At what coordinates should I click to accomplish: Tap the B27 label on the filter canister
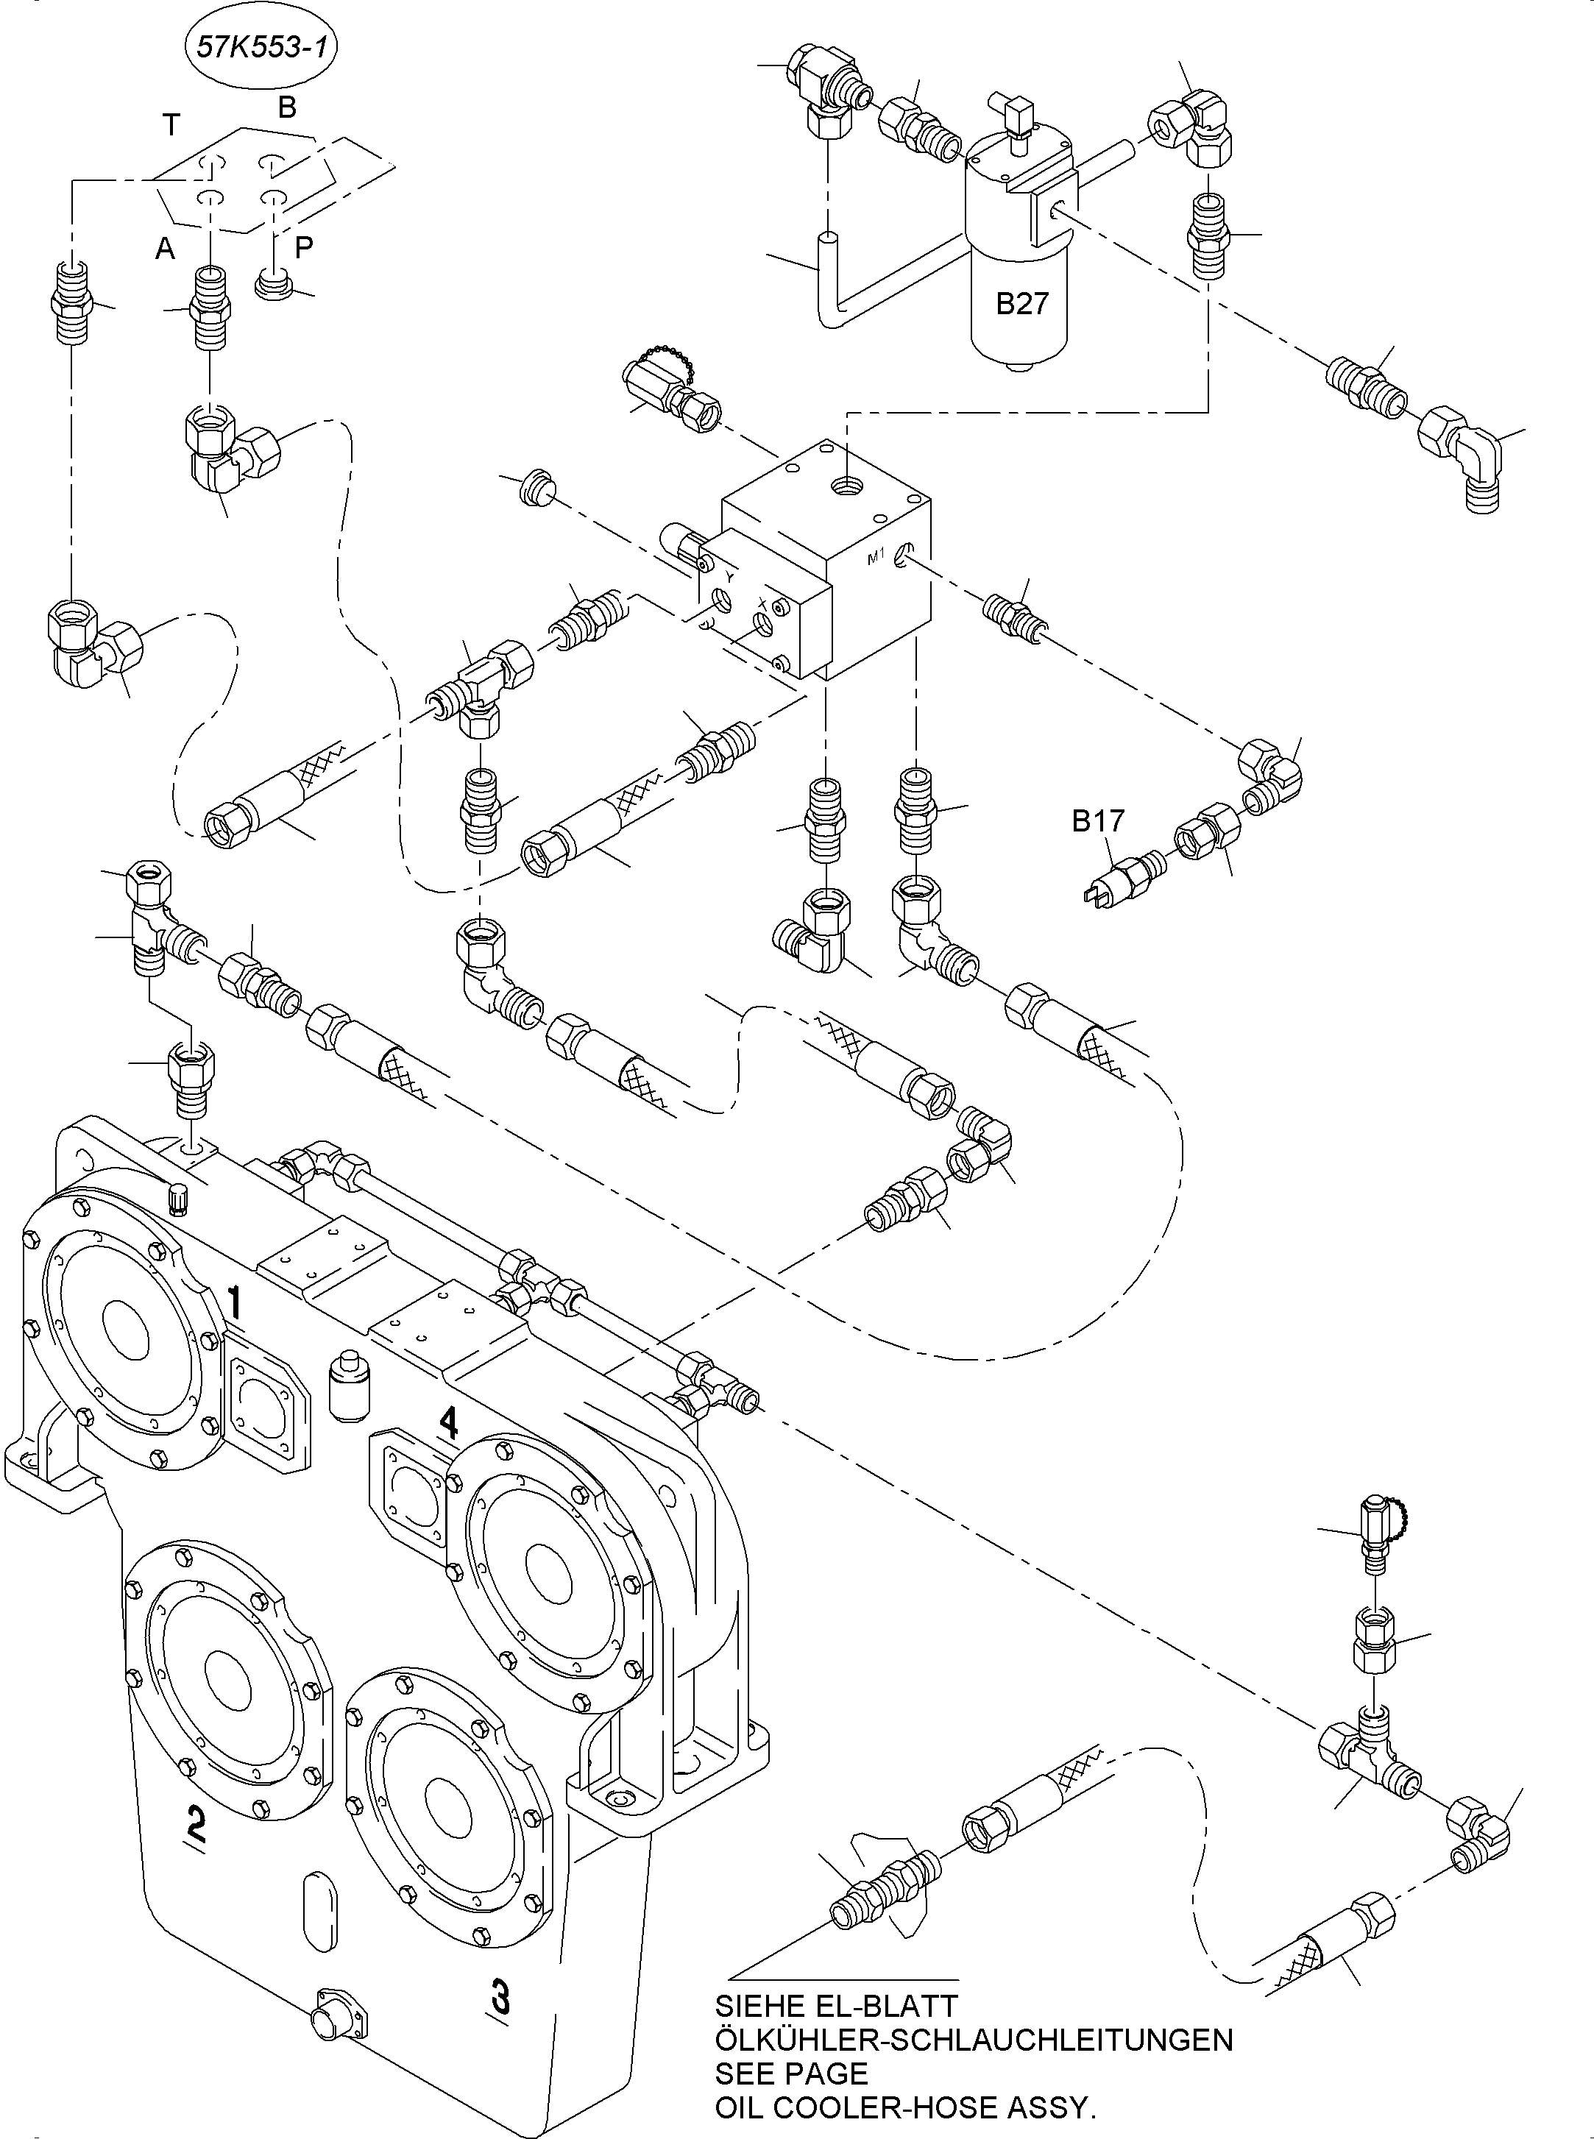(1021, 304)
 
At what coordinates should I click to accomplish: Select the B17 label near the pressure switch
(1098, 821)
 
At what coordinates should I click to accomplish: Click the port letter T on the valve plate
(171, 125)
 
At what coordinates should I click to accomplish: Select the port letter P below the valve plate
(304, 248)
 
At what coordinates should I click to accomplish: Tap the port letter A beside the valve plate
(165, 249)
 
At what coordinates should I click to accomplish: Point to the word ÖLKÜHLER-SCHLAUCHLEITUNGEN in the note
(973, 2040)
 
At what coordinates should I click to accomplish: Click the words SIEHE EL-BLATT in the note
(835, 2006)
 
